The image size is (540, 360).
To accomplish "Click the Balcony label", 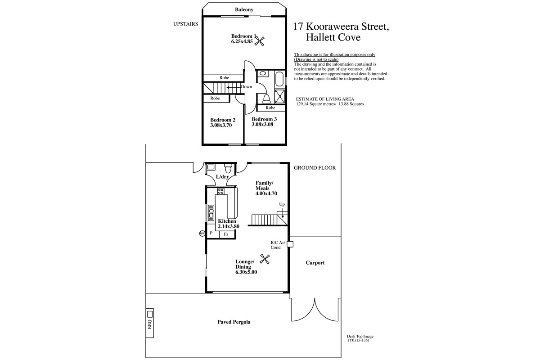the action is (x=244, y=9).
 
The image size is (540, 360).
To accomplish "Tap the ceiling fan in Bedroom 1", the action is (x=260, y=41).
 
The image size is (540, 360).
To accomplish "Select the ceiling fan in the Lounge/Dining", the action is (x=265, y=259).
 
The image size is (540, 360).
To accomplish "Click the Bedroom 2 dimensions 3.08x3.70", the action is (x=221, y=125).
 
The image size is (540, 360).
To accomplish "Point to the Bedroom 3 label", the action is (x=264, y=119).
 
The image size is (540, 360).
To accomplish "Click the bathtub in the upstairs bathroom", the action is (x=279, y=79).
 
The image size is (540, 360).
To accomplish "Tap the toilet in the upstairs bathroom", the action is (x=266, y=99).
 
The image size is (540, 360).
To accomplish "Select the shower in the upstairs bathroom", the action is (x=280, y=96).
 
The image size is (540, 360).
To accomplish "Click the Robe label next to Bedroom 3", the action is (x=270, y=108).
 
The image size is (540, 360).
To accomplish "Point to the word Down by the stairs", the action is (x=247, y=86).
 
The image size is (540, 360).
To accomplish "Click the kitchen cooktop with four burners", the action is (x=220, y=191).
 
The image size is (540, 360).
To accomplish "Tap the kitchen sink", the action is (x=211, y=213).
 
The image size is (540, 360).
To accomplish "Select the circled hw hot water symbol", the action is (x=202, y=234).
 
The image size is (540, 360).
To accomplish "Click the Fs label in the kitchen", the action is (x=226, y=234).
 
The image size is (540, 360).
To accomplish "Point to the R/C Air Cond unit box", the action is (x=290, y=244).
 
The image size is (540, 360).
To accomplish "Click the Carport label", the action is (x=315, y=263).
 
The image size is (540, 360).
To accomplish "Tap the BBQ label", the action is (x=150, y=324).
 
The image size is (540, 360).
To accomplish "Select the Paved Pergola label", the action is (x=234, y=322).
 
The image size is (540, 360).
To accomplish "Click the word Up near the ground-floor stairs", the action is (x=282, y=204).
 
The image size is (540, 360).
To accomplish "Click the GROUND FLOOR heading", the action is (x=315, y=168).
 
